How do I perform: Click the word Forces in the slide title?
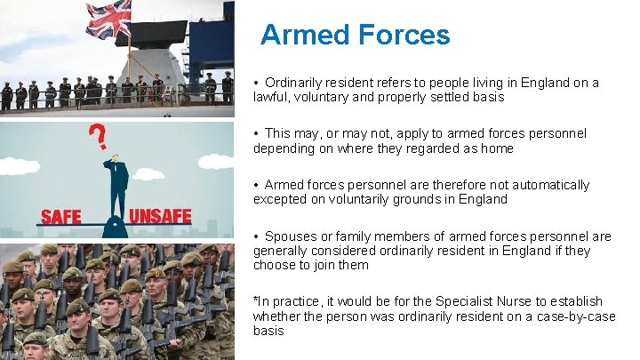[x=404, y=36]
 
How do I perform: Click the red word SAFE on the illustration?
[x=60, y=215]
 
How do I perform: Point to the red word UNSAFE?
[x=161, y=215]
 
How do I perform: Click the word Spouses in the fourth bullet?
[x=289, y=236]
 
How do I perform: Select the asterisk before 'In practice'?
[x=255, y=300]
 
